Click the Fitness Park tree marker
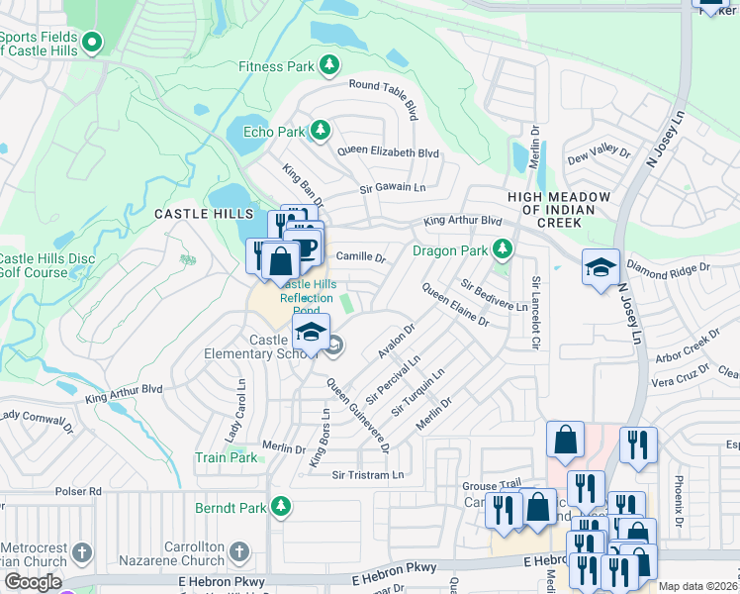tap(329, 66)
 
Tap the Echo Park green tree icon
tap(320, 131)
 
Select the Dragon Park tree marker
tap(503, 248)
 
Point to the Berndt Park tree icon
tap(282, 507)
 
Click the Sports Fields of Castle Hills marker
tap(92, 43)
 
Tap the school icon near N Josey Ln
tap(600, 267)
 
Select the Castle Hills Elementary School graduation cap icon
tap(311, 332)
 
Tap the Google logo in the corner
tap(32, 582)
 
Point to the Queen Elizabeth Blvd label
tap(388, 152)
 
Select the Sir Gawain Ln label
tap(392, 187)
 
